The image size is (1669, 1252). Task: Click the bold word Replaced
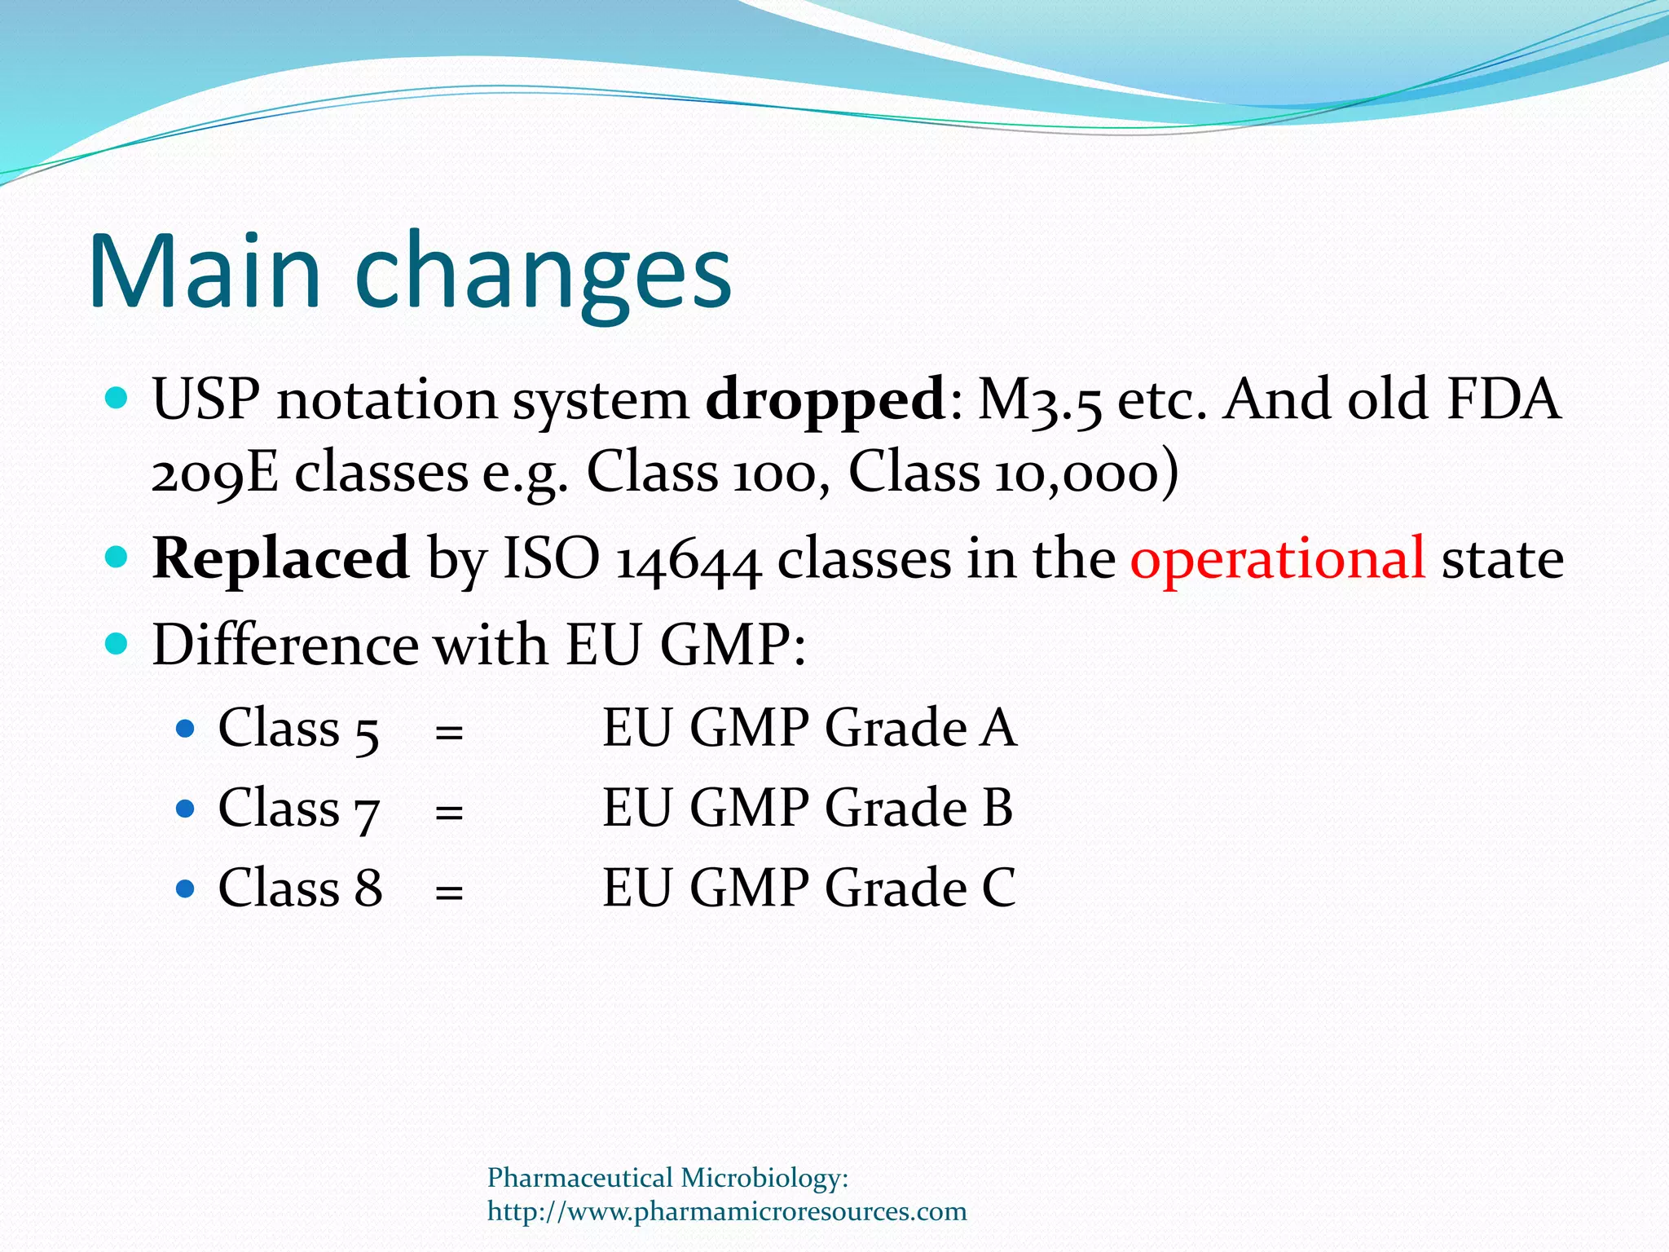coord(280,559)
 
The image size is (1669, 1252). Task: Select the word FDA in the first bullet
coord(1504,399)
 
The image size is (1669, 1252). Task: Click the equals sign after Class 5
coord(449,731)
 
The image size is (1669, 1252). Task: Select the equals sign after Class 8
coord(449,892)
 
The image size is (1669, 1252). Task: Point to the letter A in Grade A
coord(998,728)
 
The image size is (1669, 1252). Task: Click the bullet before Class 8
coord(186,888)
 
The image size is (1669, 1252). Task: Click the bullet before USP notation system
coord(117,399)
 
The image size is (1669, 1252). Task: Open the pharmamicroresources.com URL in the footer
coord(726,1211)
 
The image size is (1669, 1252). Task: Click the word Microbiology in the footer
coord(764,1179)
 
